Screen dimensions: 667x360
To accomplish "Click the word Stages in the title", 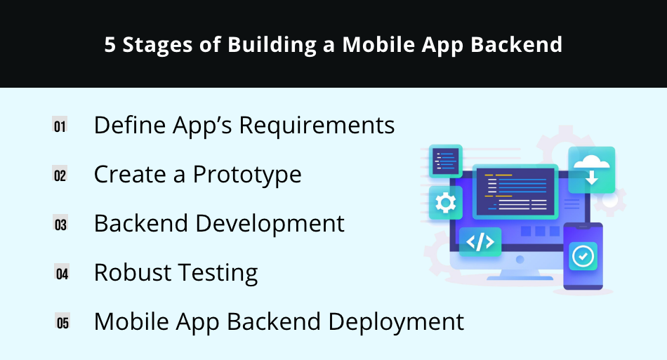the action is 157,45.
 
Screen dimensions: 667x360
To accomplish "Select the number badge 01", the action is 60,125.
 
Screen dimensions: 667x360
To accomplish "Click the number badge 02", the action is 60,174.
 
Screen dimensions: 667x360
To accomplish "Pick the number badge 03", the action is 60,224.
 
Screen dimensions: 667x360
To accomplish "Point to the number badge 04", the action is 62,273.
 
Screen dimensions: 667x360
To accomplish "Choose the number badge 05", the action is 62,322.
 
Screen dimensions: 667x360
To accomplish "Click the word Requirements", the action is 317,126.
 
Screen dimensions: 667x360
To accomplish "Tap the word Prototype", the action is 247,175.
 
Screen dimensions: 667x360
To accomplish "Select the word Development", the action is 270,224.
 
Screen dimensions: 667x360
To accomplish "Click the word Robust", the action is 133,272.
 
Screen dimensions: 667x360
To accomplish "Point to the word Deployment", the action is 396,322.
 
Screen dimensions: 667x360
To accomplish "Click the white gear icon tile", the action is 445,203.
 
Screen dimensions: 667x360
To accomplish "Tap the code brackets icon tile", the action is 480,242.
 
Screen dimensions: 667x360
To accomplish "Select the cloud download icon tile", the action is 592,170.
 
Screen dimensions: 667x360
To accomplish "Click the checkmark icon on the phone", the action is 583,256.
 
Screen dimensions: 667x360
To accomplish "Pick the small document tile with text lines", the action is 445,161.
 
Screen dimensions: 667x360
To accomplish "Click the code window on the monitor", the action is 515,192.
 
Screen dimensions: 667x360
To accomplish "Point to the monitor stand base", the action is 520,278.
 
